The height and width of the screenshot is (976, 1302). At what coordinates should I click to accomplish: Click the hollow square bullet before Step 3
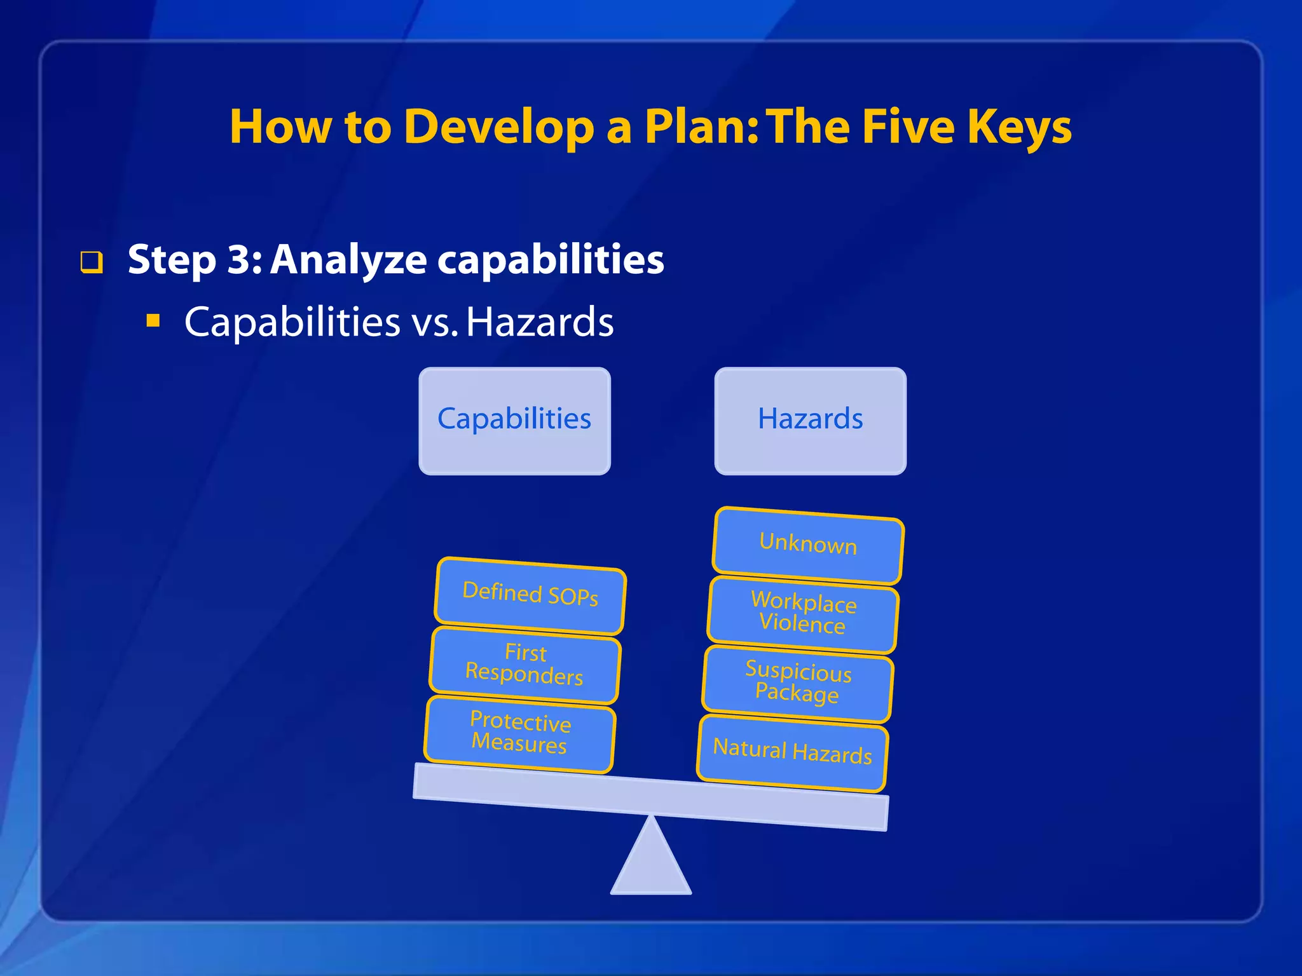[x=92, y=262]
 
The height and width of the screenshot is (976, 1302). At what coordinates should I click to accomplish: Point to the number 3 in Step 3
[x=240, y=259]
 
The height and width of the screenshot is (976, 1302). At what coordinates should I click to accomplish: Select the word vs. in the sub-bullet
[x=435, y=322]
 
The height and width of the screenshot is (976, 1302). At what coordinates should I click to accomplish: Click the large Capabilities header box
[x=514, y=421]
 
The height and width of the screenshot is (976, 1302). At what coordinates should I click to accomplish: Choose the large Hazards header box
[x=810, y=421]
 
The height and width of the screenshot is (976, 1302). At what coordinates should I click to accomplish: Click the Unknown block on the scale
[x=808, y=545]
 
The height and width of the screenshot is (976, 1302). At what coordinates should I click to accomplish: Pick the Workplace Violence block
[x=803, y=614]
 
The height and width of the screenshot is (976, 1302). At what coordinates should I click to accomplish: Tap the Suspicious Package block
[x=798, y=683]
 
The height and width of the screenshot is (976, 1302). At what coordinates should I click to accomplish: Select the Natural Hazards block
[x=792, y=752]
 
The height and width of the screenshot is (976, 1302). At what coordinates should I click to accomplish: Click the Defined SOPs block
[x=530, y=595]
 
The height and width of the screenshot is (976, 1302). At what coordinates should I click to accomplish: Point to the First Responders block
[x=525, y=665]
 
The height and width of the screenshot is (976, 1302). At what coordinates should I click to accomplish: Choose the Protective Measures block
[x=520, y=734]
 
